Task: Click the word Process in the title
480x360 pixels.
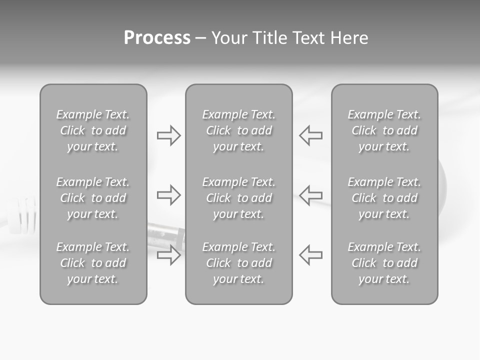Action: tap(157, 38)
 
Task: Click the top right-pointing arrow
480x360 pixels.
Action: tap(168, 135)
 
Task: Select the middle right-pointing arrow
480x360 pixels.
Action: tap(168, 195)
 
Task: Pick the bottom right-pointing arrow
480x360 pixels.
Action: tap(168, 255)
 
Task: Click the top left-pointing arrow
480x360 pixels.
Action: tap(311, 135)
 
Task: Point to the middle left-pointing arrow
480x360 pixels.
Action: tap(311, 195)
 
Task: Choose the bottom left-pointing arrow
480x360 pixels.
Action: tap(311, 255)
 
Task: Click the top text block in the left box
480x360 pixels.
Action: tap(93, 130)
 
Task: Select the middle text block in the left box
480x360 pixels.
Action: tap(93, 198)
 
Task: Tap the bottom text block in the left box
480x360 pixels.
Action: tap(93, 263)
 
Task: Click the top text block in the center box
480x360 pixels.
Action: tap(239, 130)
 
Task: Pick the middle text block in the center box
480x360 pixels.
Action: tap(239, 198)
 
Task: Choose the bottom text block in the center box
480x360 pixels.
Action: tap(239, 263)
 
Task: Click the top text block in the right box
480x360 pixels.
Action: tap(384, 130)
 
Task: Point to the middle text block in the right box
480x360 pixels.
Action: tap(384, 198)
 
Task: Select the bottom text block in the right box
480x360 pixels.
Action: tap(384, 263)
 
